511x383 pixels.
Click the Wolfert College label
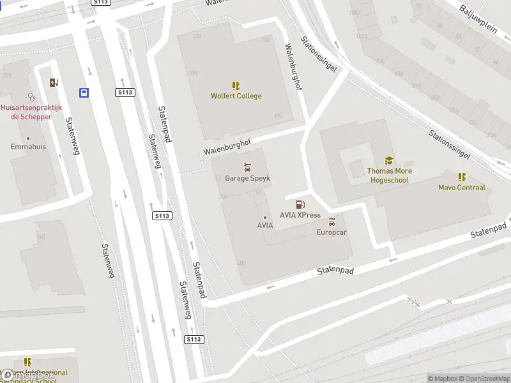pyautogui.click(x=236, y=96)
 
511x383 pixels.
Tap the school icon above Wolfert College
pyautogui.click(x=236, y=85)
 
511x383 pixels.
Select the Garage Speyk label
pyautogui.click(x=248, y=179)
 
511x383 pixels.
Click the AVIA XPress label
pyautogui.click(x=300, y=215)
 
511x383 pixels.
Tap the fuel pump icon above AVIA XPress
pyautogui.click(x=300, y=204)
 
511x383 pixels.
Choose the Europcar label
pyautogui.click(x=332, y=232)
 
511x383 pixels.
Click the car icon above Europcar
pyautogui.click(x=332, y=222)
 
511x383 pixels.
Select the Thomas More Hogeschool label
pyautogui.click(x=389, y=176)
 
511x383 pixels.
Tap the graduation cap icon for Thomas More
pyautogui.click(x=389, y=161)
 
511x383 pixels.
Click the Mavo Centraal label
pyautogui.click(x=461, y=188)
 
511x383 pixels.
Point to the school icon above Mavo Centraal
pyautogui.click(x=461, y=177)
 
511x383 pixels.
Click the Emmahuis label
pyautogui.click(x=28, y=147)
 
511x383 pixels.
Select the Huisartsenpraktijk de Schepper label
pyautogui.click(x=31, y=112)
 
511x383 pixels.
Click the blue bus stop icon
pyautogui.click(x=84, y=93)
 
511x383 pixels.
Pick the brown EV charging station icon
pyautogui.click(x=54, y=82)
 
